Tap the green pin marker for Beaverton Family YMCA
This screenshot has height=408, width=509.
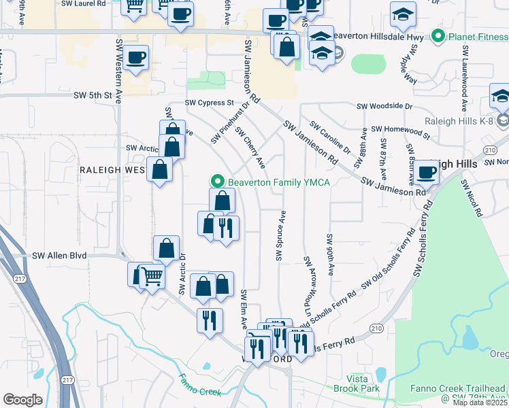[218, 182]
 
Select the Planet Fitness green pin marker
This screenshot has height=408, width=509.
[438, 36]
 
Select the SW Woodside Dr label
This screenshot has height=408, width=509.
[384, 106]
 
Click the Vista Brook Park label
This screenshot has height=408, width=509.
[354, 384]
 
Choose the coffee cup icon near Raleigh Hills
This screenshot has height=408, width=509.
[427, 172]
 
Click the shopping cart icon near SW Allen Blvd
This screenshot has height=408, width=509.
[152, 276]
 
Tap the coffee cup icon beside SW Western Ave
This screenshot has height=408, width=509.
[136, 57]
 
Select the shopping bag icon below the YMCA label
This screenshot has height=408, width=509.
[223, 201]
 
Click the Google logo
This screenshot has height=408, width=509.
[23, 400]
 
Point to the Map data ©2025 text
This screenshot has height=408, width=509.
[480, 403]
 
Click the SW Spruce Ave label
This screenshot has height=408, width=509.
[280, 235]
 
